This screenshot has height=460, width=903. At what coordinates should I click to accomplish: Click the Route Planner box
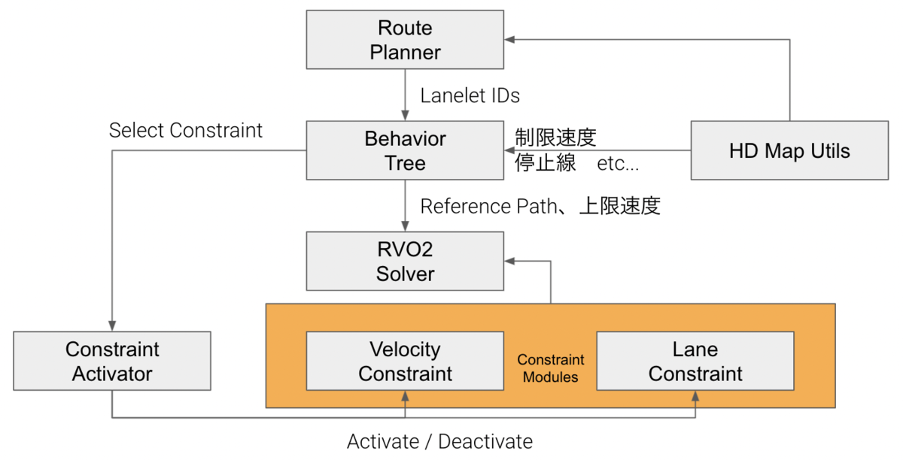coord(405,41)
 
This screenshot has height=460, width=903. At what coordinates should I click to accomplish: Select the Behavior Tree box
coord(405,151)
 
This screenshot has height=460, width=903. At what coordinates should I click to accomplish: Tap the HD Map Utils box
coord(789,151)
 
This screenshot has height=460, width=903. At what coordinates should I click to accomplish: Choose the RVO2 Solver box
coord(405,262)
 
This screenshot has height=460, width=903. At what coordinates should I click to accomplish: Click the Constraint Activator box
coord(112,362)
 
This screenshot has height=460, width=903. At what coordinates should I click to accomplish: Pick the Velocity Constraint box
coord(405,362)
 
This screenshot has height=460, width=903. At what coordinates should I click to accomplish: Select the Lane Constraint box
coord(695,362)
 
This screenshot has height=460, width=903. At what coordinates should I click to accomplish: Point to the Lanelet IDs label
coord(470,95)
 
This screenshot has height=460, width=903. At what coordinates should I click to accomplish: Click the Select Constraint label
coord(186,130)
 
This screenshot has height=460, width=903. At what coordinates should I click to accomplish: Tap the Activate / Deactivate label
coord(439,441)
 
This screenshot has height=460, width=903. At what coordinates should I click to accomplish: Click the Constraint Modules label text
coord(550,368)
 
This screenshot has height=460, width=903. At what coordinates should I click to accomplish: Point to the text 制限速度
coord(555,138)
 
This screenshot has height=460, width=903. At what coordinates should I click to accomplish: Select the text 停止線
coord(546,163)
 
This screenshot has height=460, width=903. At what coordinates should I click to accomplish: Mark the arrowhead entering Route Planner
coord(509,40)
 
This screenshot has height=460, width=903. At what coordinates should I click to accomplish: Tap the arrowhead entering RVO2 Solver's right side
coord(509,262)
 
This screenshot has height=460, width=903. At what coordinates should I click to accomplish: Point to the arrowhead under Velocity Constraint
coord(405,395)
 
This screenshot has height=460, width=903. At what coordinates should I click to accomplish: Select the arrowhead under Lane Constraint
coord(695,395)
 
